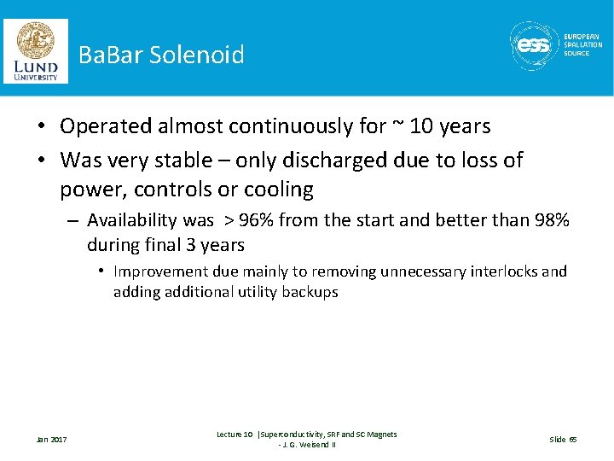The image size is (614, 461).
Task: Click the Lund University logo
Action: [x=35, y=50]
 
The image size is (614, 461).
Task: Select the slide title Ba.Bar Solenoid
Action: [x=161, y=55]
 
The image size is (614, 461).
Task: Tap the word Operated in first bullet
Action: [x=107, y=127]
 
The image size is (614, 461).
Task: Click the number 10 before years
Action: [x=421, y=126]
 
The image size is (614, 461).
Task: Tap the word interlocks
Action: [x=501, y=271]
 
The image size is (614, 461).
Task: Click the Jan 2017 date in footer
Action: [x=51, y=440]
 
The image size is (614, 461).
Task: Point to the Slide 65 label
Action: [x=563, y=440]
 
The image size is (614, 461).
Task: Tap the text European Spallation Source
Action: [x=582, y=45]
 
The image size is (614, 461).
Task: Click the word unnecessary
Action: [x=416, y=271]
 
